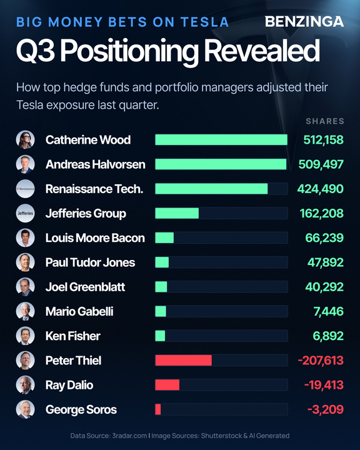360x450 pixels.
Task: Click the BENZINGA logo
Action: (304, 21)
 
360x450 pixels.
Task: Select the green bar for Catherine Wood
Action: (221, 140)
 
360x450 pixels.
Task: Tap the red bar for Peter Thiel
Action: (184, 360)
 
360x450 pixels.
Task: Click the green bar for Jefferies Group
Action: (177, 213)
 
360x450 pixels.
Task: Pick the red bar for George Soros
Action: (158, 409)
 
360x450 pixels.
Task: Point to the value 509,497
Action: (321, 164)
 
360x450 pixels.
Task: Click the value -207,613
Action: (321, 361)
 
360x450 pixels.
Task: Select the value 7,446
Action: (328, 311)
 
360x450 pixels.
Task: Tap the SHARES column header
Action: (325, 121)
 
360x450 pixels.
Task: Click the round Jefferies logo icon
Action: (25, 213)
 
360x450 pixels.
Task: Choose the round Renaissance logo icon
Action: (25, 189)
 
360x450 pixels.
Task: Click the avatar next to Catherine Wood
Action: (25, 140)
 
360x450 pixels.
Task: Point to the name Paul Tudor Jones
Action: (90, 262)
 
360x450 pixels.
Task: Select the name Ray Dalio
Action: (69, 385)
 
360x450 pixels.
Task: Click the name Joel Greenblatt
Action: (85, 287)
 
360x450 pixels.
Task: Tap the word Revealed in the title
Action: (261, 51)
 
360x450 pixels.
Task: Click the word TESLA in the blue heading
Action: (204, 22)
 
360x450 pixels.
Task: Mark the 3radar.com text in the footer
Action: (129, 436)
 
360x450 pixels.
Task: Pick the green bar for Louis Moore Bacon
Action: (164, 237)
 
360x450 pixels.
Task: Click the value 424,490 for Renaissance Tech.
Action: (321, 189)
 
